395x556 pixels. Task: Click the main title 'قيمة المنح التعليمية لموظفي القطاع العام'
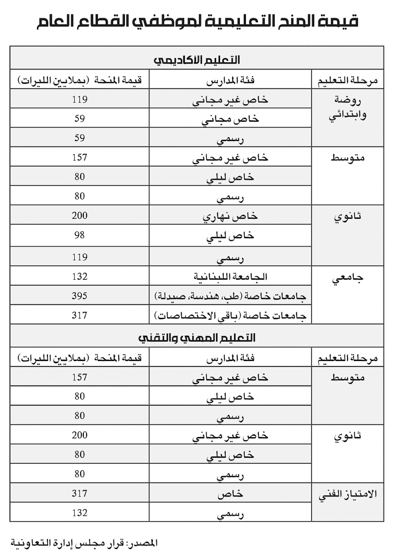click(x=197, y=21)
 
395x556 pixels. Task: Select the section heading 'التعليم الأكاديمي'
click(x=197, y=60)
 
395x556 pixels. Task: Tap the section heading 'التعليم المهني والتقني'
click(x=197, y=338)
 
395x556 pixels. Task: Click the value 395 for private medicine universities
click(x=79, y=296)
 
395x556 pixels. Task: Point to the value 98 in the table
click(x=79, y=235)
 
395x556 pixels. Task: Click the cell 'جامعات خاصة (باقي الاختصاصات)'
click(x=230, y=316)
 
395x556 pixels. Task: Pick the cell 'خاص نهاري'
click(x=230, y=216)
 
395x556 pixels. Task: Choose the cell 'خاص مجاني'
click(x=230, y=119)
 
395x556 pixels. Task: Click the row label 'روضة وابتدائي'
click(x=348, y=107)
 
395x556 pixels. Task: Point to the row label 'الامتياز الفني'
click(x=348, y=494)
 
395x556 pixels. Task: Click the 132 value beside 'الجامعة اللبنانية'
click(x=79, y=276)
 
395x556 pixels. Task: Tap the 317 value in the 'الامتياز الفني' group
click(x=79, y=493)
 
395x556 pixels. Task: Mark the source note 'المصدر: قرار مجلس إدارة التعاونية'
click(x=84, y=543)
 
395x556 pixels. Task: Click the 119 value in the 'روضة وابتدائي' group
click(x=79, y=99)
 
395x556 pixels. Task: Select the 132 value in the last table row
click(x=79, y=513)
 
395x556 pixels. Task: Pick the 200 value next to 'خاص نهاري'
click(x=79, y=216)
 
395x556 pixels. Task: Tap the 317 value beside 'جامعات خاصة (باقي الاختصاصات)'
click(x=79, y=315)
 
